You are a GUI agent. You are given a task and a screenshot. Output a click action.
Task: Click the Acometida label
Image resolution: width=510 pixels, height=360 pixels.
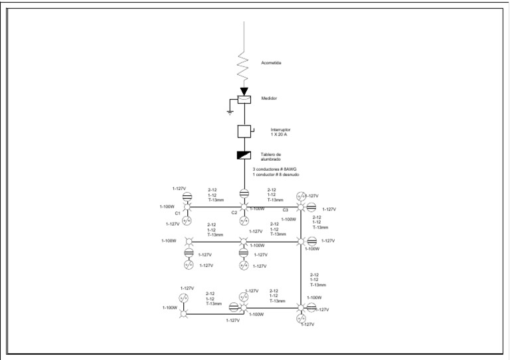tap(272, 63)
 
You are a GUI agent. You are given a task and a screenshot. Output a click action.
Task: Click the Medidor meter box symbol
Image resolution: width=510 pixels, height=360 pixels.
tap(244, 100)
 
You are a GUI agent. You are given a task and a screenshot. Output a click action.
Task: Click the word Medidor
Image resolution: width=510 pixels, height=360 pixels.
tap(269, 98)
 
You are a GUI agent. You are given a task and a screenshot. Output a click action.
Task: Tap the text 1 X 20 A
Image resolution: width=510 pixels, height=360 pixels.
tap(279, 134)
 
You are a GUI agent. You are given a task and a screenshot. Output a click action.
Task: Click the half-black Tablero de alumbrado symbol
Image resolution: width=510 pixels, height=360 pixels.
tap(244, 155)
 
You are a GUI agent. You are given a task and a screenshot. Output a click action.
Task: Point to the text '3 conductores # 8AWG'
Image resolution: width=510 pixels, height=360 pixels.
tap(276, 169)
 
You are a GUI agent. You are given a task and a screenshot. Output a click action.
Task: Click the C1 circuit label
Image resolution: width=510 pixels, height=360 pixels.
tap(177, 213)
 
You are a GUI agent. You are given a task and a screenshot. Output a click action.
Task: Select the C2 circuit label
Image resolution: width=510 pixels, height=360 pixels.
tap(234, 213)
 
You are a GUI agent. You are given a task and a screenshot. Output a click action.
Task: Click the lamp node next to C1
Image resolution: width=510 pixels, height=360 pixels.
tap(188, 207)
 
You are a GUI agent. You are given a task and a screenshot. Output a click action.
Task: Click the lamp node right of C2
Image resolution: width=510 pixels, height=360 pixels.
tap(244, 207)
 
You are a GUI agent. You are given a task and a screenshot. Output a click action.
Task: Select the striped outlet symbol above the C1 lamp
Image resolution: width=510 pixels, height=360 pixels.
tap(188, 195)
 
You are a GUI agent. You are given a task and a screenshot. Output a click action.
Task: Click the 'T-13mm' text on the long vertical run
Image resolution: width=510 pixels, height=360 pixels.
tap(318, 285)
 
